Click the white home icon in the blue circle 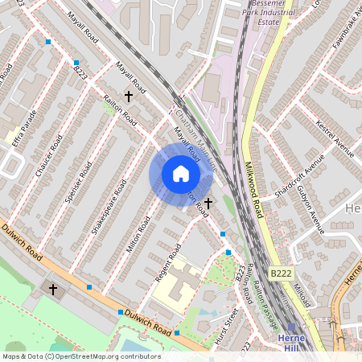(x=181, y=174)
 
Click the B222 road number (x=280, y=274)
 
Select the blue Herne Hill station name (x=290, y=343)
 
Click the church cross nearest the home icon (x=208, y=204)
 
